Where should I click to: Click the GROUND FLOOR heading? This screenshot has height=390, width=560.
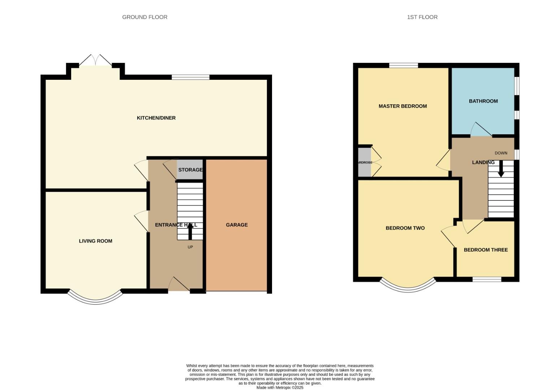pos(145,17)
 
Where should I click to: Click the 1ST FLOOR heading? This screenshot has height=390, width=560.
pos(422,17)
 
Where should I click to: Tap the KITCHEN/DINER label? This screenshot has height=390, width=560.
pos(156,118)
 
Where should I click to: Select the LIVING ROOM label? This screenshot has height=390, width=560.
pos(95,241)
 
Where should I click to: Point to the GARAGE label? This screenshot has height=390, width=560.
pos(237,225)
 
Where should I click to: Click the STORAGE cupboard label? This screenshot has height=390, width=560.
pos(190,170)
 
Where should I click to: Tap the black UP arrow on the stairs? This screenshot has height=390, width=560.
pos(190,231)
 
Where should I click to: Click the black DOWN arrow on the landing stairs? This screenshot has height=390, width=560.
pos(501,169)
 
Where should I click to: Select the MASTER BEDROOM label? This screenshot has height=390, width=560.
pos(402,106)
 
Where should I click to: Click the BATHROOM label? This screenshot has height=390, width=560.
pos(483,101)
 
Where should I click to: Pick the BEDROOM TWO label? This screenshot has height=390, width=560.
pos(405,228)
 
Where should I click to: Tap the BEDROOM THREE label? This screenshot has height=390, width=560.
pos(486,250)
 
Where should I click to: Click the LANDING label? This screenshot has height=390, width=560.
pos(483,162)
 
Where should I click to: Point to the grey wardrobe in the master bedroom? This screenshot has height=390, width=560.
pos(364,162)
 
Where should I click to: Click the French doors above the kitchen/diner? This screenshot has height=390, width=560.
pos(95,61)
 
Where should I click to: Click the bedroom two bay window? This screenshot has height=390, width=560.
pos(408,287)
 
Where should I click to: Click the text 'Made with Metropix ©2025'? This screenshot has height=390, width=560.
pos(280,387)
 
